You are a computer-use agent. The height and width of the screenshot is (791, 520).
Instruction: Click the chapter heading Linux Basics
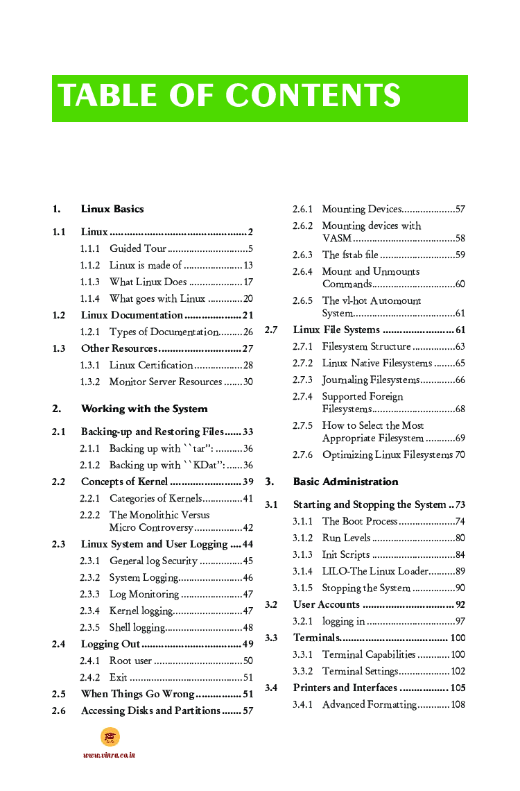tap(112, 209)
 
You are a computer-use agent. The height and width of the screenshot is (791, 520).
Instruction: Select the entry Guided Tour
tap(138, 248)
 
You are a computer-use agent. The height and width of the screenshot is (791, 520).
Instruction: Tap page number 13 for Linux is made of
tap(248, 265)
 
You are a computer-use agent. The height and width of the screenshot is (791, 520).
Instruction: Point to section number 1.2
tap(59, 315)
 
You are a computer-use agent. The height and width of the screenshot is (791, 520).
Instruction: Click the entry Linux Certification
tap(151, 365)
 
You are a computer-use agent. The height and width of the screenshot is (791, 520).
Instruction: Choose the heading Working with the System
tap(144, 409)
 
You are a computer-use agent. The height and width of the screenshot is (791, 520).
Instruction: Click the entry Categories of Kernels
tap(155, 498)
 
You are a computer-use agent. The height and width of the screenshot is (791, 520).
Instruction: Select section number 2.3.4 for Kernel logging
tap(89, 611)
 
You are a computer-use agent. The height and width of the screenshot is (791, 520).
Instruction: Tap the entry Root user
tap(130, 661)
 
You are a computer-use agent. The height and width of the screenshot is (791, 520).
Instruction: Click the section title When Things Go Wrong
tap(137, 694)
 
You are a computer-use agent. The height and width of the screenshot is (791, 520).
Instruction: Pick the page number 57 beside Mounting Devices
tap(460, 209)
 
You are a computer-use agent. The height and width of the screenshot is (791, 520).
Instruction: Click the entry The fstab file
tap(350, 255)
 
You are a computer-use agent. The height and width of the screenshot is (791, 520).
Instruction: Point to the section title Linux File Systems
tap(336, 330)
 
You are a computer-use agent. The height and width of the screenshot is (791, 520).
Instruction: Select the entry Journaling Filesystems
tap(370, 380)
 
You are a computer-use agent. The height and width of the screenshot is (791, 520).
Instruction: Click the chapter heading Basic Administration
tap(345, 482)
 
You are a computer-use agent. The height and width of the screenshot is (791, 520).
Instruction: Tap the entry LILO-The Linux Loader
tap(375, 571)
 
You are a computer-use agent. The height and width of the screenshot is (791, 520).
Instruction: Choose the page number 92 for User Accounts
tap(460, 604)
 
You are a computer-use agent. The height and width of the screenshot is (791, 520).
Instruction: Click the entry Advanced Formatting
tap(369, 704)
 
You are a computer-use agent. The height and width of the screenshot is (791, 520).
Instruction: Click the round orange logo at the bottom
tap(110, 737)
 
